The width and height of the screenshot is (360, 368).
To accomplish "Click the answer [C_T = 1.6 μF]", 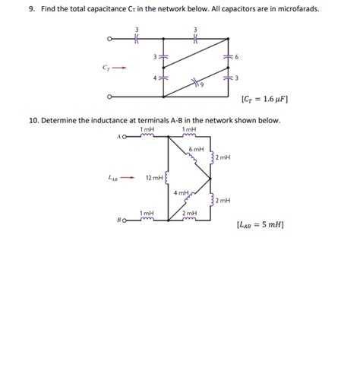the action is [264, 99].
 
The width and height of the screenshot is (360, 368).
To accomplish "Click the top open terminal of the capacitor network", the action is [110, 40].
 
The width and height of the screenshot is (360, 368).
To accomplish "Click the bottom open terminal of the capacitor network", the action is [110, 96].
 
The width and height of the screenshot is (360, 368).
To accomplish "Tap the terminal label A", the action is [119, 137].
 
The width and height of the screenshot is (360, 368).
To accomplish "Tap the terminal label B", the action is [119, 220].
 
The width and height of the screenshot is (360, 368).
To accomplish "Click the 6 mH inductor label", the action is [195, 149].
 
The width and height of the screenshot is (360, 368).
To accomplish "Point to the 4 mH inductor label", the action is [182, 192].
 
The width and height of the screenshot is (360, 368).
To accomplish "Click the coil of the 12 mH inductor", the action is [166, 179].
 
